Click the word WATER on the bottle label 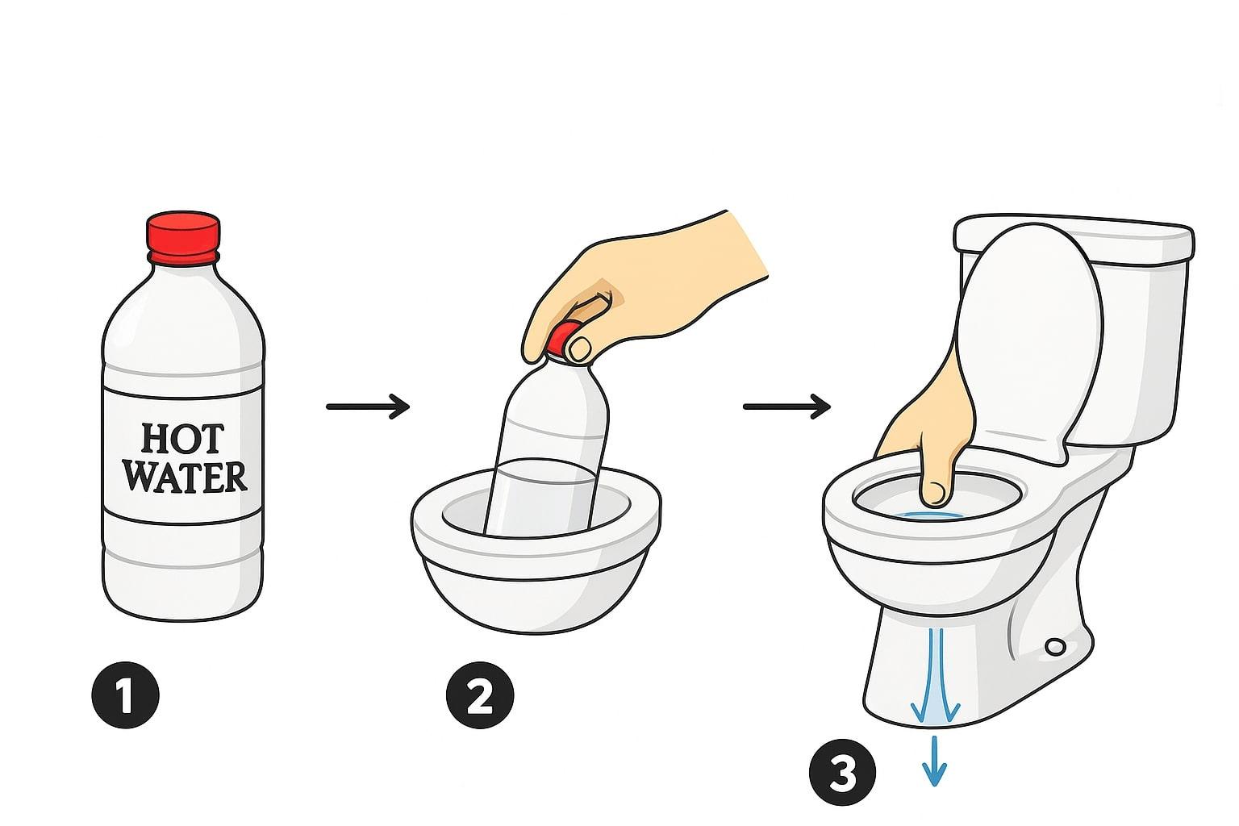tap(185, 477)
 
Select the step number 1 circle tap(126, 695)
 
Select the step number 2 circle tap(480, 695)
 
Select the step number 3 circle tap(842, 772)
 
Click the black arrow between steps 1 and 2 tap(368, 407)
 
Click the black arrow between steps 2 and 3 tap(786, 407)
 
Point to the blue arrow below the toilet tap(934, 761)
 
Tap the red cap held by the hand tap(563, 338)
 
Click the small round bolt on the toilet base tap(1056, 646)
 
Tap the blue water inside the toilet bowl tap(929, 515)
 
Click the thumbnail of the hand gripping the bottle tap(580, 348)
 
